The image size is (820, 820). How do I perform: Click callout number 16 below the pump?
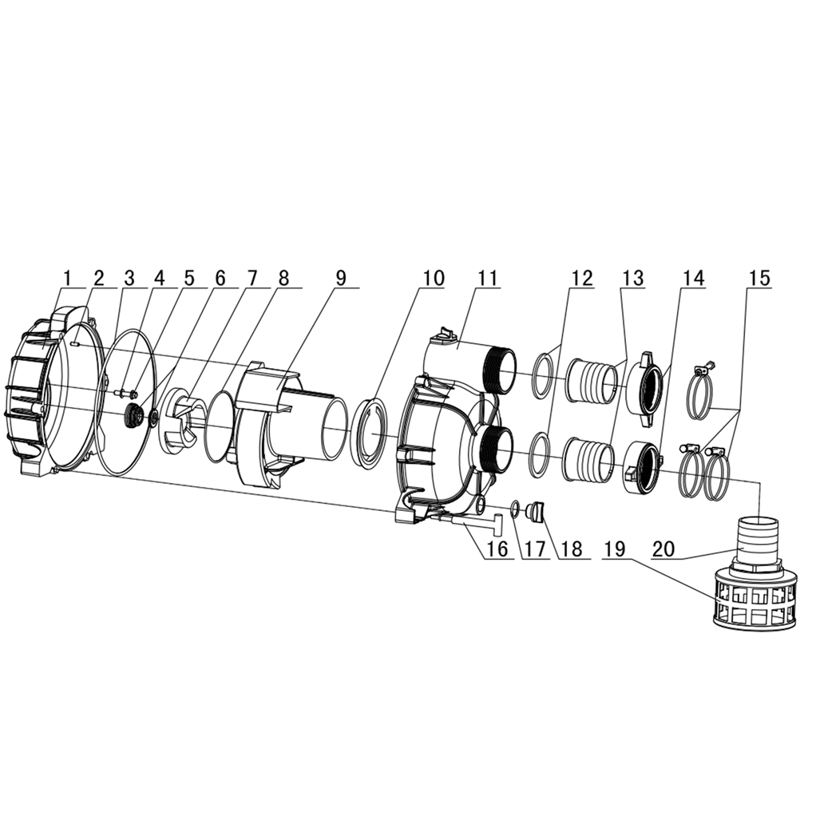point(497,549)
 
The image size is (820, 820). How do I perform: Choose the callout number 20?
point(664,549)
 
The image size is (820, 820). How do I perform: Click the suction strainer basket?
point(755,603)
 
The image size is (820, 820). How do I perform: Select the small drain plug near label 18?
point(536,509)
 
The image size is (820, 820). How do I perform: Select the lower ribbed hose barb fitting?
point(589,461)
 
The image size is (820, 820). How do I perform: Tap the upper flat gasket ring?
point(541,375)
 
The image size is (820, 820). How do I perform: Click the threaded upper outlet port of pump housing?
point(500,367)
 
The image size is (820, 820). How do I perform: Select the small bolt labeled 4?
point(125,393)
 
